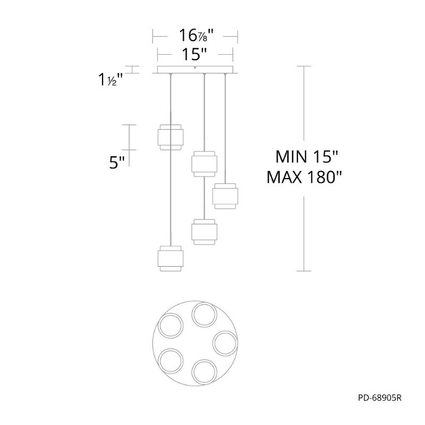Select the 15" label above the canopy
[194, 54]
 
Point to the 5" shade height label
[117, 163]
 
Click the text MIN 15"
[307, 156]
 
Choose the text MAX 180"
[304, 177]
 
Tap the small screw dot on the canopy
[195, 68]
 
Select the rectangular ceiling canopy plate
[195, 70]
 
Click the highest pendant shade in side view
[171, 137]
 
